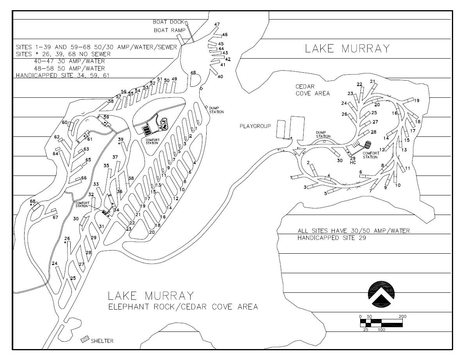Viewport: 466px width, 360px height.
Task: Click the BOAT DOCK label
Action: [168, 22]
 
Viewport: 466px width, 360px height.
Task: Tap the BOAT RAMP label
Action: [170, 30]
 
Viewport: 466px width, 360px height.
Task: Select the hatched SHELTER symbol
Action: [85, 339]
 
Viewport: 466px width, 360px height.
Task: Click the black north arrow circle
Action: [382, 294]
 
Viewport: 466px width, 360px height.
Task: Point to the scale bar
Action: [381, 323]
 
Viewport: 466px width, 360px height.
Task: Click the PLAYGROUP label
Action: [255, 126]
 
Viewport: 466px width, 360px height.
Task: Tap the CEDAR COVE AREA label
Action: [312, 90]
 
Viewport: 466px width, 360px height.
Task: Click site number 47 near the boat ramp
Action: [217, 24]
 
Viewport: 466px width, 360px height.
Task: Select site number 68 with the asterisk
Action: [32, 202]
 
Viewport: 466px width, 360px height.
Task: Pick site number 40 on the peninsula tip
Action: [220, 77]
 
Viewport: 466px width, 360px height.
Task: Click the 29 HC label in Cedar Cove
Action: [353, 161]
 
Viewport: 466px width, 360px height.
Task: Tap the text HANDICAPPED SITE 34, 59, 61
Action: [63, 75]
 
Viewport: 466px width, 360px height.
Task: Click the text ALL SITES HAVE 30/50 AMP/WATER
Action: [354, 231]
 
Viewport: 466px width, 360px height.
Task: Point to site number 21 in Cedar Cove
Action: [373, 81]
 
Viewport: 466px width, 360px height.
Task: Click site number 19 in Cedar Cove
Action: [417, 100]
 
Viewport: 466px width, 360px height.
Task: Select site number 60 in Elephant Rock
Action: [65, 122]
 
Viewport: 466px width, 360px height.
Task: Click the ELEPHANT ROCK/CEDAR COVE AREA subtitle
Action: [183, 307]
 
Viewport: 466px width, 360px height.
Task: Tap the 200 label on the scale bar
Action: [402, 317]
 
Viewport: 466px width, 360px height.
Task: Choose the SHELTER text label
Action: [102, 341]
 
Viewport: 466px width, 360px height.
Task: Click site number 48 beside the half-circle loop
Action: [193, 73]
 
